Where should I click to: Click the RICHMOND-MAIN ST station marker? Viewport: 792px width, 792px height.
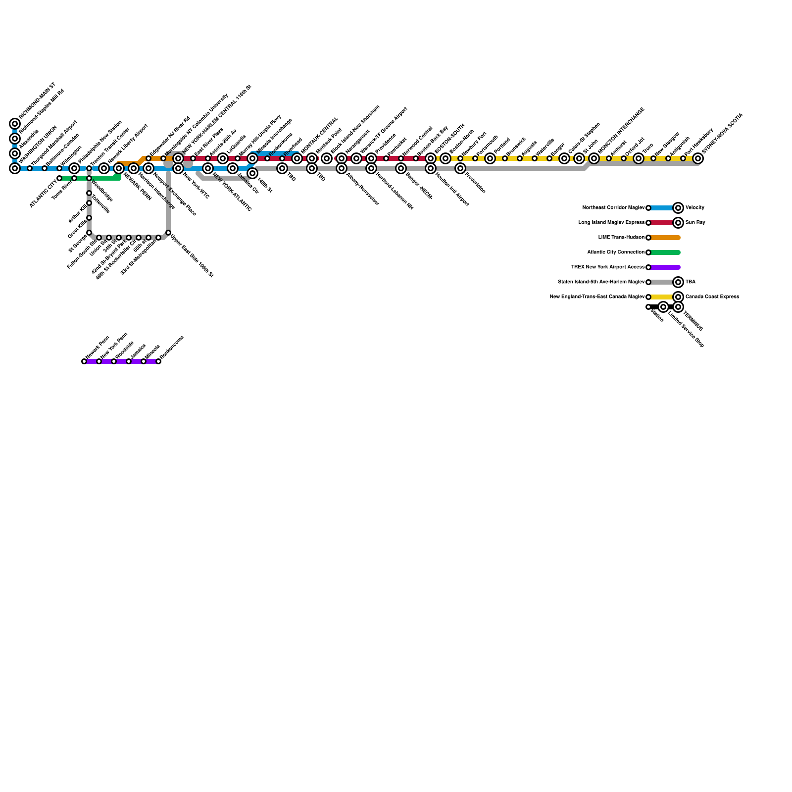point(15,124)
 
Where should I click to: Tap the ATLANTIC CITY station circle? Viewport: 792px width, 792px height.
point(59,178)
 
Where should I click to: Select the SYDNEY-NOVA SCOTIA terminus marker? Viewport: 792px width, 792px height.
point(698,158)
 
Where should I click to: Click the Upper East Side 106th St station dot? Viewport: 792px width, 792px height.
point(168,233)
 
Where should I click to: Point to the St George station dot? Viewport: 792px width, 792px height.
point(89,233)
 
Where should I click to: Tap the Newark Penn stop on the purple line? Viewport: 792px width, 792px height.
point(84,361)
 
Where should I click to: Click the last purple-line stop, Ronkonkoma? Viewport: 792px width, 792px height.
point(158,361)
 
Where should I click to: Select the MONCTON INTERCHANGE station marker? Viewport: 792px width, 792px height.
point(594,158)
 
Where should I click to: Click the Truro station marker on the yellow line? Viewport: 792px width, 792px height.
point(639,158)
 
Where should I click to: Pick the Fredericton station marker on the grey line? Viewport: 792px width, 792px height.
point(460,168)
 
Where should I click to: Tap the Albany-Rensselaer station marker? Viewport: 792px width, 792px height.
point(342,168)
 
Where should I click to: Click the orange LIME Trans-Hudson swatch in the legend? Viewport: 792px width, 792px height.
point(665,238)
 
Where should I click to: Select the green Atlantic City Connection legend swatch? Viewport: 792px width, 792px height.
point(665,252)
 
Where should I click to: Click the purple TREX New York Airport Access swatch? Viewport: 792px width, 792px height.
point(665,267)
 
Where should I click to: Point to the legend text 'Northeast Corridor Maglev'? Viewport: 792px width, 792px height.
point(613,208)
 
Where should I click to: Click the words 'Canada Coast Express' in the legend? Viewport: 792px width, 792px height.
point(712,297)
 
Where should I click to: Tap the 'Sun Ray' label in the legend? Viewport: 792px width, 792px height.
point(695,223)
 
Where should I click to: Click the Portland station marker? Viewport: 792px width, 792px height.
point(490,158)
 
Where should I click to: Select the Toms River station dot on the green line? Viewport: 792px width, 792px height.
point(74,178)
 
